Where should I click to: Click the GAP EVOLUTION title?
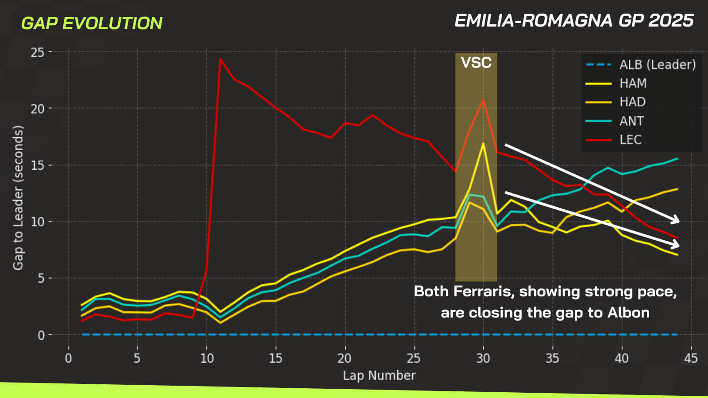pyautogui.click(x=92, y=23)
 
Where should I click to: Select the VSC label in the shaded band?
pyautogui.click(x=476, y=63)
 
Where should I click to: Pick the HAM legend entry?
pyautogui.click(x=633, y=83)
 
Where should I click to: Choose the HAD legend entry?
pyautogui.click(x=632, y=102)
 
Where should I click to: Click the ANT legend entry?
pyautogui.click(x=631, y=121)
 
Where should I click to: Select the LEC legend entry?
pyautogui.click(x=630, y=140)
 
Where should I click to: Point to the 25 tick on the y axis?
pyautogui.click(x=38, y=52)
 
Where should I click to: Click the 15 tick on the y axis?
pyautogui.click(x=38, y=165)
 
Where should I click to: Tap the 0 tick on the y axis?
pyautogui.click(x=41, y=335)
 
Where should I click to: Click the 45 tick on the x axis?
pyautogui.click(x=691, y=358)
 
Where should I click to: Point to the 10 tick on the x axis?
pyautogui.click(x=207, y=358)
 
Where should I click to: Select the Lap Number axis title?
pyautogui.click(x=379, y=375)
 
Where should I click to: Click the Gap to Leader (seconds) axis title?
pyautogui.click(x=18, y=198)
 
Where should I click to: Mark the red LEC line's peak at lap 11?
pyautogui.click(x=220, y=59)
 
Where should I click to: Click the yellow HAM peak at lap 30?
pyautogui.click(x=483, y=143)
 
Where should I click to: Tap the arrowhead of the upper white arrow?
pyautogui.click(x=675, y=220)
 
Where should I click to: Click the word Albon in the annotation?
pyautogui.click(x=628, y=313)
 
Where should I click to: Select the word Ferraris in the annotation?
pyautogui.click(x=482, y=291)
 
